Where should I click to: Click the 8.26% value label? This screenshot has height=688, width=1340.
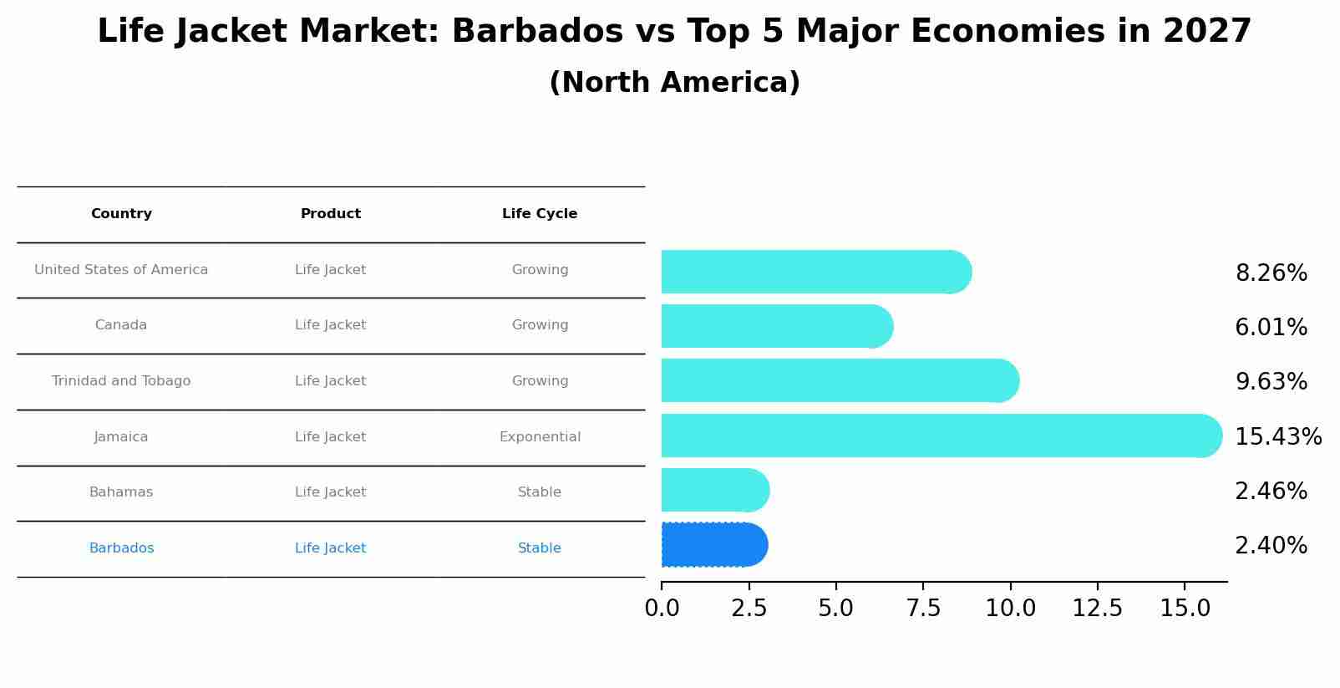pos(1271,273)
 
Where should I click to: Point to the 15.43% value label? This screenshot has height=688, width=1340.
pos(1277,437)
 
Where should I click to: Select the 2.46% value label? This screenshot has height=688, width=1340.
pos(1271,492)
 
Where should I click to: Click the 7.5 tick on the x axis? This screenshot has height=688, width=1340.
pos(923,609)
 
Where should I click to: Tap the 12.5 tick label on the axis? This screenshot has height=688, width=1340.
pos(1097,609)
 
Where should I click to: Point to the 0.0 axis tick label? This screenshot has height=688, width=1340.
pos(662,609)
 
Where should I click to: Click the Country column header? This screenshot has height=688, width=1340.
pos(121,214)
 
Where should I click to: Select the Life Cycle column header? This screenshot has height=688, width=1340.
pos(540,214)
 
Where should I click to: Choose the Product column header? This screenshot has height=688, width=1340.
pos(331,214)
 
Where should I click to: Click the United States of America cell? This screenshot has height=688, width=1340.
pos(121,270)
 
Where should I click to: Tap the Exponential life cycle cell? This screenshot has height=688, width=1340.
pos(540,437)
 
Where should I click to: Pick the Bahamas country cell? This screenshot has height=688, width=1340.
pos(121,492)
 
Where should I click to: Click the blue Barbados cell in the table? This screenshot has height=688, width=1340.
pos(121,548)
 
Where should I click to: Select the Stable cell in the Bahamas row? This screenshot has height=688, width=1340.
pos(540,492)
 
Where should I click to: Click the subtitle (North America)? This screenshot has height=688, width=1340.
pos(674,83)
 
